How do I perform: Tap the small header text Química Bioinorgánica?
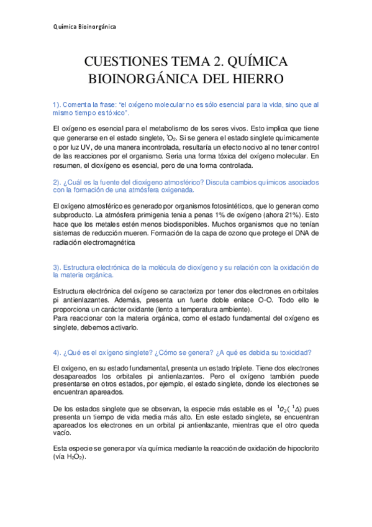84,27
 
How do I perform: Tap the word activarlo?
118,327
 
